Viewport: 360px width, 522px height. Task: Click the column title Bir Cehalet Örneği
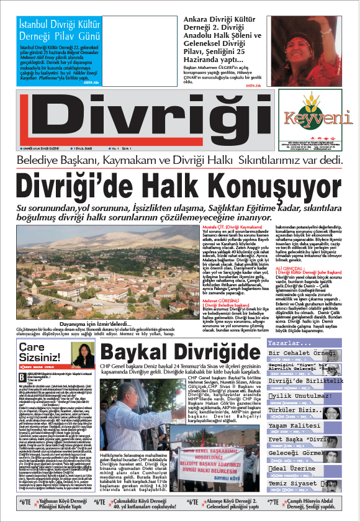[x=306, y=354]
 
